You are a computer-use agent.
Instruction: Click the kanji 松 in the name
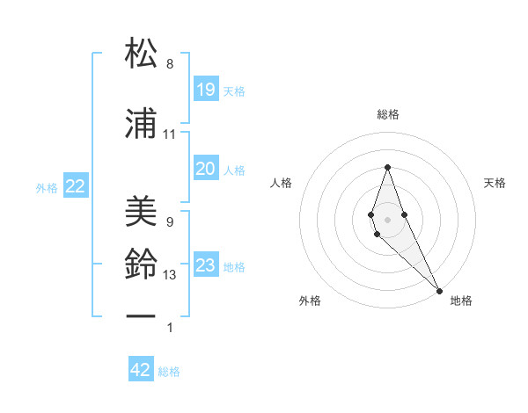point(143,54)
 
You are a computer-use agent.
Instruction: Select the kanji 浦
point(143,125)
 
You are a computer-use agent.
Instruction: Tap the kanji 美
point(143,212)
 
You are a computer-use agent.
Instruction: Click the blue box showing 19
point(205,90)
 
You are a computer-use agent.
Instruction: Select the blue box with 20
point(205,169)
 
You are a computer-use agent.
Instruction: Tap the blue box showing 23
point(205,265)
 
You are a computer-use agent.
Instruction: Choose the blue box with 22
point(76,186)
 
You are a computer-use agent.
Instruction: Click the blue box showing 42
point(141,370)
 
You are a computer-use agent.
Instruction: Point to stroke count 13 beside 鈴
point(170,275)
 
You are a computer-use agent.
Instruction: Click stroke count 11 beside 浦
point(170,134)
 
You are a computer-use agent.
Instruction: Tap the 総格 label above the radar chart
point(388,114)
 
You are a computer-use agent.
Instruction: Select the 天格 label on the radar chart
point(495,183)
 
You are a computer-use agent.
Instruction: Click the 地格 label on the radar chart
point(461,301)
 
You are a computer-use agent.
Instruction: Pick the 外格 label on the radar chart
point(310,301)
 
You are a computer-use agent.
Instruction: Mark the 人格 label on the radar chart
point(281,183)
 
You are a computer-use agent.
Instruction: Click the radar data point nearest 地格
point(438,289)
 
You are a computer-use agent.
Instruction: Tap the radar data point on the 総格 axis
point(387,167)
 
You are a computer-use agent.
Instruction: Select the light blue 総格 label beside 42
point(169,372)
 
